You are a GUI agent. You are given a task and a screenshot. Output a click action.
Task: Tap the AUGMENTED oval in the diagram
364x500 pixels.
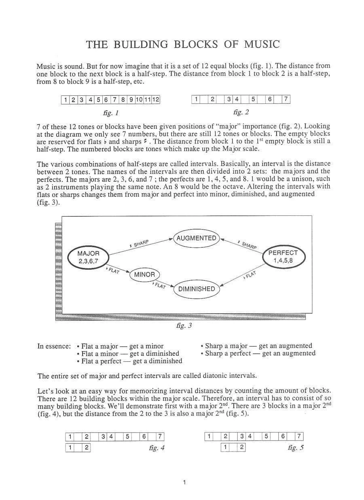pyautogui.click(x=196, y=238)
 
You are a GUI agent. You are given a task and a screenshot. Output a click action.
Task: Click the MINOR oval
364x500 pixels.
pyautogui.click(x=144, y=275)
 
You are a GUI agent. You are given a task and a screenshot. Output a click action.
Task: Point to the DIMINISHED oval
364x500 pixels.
pyautogui.click(x=197, y=289)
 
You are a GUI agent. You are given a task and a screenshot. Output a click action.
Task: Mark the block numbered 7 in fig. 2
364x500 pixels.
pyautogui.click(x=286, y=99)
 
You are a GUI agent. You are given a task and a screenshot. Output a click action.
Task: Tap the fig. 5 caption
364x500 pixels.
pyautogui.click(x=295, y=448)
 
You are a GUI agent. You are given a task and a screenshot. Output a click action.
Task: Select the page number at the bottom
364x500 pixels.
pyautogui.click(x=184, y=482)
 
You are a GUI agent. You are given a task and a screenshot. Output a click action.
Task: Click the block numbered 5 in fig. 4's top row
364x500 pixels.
pyautogui.click(x=127, y=437)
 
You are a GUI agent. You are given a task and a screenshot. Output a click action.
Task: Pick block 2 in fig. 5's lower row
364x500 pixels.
pyautogui.click(x=241, y=447)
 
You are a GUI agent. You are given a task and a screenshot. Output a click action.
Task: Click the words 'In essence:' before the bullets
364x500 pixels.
pyautogui.click(x=54, y=346)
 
